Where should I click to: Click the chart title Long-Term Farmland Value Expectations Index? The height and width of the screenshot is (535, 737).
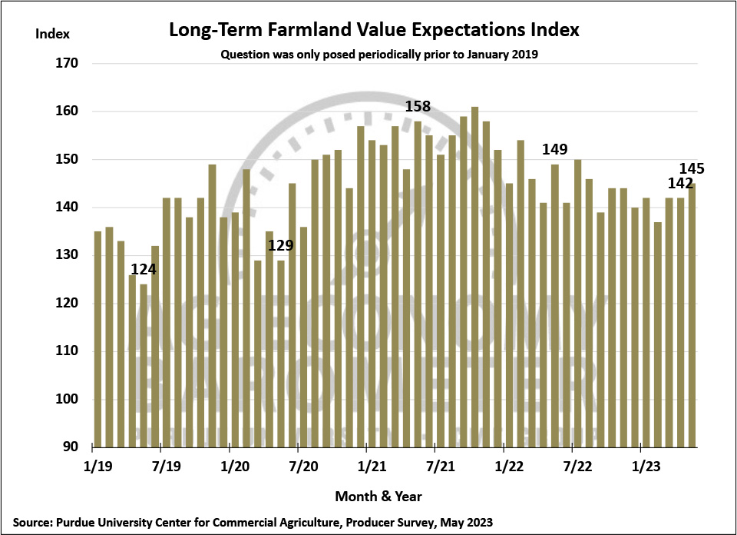tap(374, 31)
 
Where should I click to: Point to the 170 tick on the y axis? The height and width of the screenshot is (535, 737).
tap(67, 64)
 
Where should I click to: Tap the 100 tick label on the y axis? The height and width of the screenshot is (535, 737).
tap(67, 400)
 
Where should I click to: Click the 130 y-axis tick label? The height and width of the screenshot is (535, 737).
tap(67, 256)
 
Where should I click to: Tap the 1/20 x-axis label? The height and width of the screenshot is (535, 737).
tap(234, 466)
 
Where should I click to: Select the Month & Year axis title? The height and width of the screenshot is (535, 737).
tap(378, 496)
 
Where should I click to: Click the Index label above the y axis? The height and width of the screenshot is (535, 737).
tap(53, 34)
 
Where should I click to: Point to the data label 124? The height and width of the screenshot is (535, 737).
tap(144, 270)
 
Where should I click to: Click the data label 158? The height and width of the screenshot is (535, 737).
tap(418, 106)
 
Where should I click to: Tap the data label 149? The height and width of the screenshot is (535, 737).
tap(555, 149)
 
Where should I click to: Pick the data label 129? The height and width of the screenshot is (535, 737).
tap(281, 246)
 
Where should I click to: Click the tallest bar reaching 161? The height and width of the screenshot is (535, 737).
tap(474, 277)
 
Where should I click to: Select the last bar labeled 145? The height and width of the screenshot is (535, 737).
tap(692, 315)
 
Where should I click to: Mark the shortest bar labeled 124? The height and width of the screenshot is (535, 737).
tap(144, 365)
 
